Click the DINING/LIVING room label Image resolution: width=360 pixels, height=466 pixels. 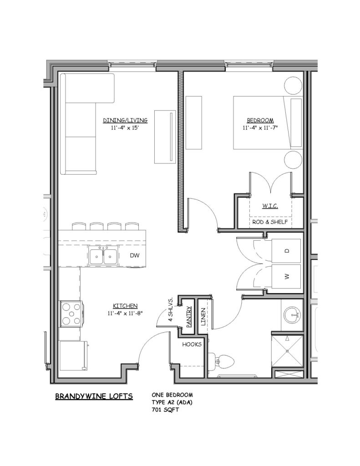(x=125, y=120)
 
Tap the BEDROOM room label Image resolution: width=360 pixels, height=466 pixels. (x=260, y=120)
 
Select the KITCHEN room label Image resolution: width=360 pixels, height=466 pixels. (x=125, y=306)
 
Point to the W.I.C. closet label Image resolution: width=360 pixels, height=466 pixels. (x=270, y=206)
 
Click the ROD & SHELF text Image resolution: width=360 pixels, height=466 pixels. (x=270, y=222)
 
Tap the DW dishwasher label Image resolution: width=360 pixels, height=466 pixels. (x=134, y=255)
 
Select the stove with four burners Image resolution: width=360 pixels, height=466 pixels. (x=71, y=314)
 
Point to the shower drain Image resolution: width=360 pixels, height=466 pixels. (x=288, y=351)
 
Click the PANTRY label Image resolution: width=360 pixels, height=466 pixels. (x=188, y=317)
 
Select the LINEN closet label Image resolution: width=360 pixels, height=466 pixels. (x=203, y=317)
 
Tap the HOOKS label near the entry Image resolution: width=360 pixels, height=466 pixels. (x=192, y=344)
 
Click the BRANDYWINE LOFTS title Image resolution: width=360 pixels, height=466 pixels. (x=94, y=396)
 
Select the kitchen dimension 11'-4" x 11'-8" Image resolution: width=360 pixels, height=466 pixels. (x=125, y=313)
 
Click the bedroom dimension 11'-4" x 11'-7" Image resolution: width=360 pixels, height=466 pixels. (x=260, y=128)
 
